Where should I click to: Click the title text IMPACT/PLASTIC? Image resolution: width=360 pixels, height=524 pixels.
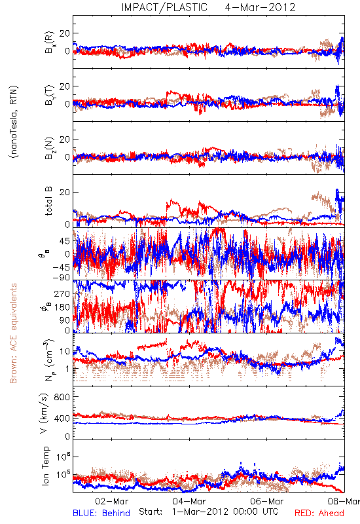click(164, 7)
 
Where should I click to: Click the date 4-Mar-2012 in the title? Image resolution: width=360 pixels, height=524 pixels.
click(260, 7)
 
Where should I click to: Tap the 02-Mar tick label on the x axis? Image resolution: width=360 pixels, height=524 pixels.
click(112, 501)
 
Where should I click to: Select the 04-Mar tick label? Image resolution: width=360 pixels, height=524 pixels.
click(189, 501)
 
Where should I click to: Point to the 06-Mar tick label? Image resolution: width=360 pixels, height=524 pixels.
click(267, 501)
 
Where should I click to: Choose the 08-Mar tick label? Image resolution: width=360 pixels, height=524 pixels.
click(344, 501)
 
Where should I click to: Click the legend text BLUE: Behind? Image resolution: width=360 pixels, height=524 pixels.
click(101, 513)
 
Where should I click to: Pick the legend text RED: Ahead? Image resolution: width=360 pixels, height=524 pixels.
click(319, 513)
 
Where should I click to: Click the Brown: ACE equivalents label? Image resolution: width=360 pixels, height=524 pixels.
click(13, 333)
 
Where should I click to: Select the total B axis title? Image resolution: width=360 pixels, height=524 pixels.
click(48, 201)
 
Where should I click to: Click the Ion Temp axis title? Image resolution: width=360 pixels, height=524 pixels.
click(45, 466)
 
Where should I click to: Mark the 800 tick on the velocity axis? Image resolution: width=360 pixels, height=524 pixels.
click(62, 397)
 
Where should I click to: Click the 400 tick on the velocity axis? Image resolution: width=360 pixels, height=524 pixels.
click(62, 418)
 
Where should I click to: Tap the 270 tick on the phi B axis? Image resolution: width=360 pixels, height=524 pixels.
click(62, 293)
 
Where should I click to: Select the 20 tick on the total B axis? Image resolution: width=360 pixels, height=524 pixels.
click(65, 193)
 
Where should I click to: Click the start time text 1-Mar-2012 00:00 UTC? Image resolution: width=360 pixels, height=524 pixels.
click(225, 512)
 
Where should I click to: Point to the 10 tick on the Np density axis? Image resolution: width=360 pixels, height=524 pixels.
click(65, 352)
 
